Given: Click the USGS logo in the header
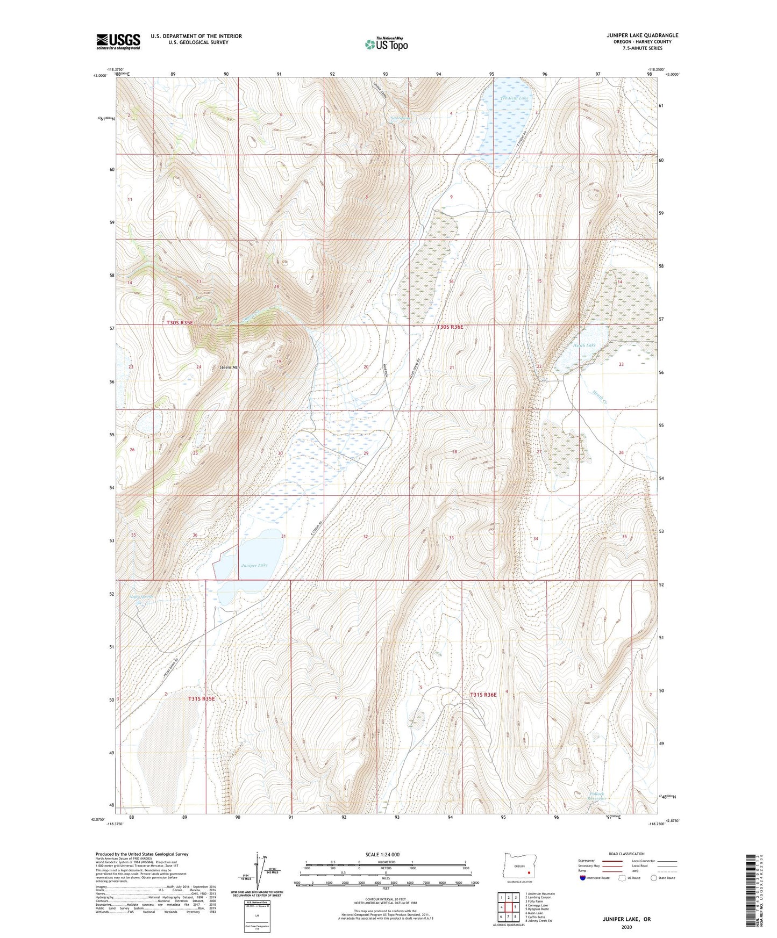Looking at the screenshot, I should [118, 41].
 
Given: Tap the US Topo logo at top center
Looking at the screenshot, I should [386, 44].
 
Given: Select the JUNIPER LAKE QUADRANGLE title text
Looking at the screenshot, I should [642, 35].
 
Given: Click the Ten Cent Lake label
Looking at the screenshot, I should [514, 98].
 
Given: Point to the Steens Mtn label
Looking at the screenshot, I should [230, 367].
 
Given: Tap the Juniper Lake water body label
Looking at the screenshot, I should [254, 565].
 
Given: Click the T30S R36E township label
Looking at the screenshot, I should [450, 327].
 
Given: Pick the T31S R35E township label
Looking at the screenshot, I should [202, 698].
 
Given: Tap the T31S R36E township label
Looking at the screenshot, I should [483, 695].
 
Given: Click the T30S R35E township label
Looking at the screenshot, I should [179, 322].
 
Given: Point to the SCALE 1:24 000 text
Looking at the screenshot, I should [382, 855].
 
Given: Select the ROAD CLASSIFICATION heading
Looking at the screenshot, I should [627, 854].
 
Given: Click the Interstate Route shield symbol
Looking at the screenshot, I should [583, 878].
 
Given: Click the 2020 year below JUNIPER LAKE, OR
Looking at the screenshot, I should [626, 927].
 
